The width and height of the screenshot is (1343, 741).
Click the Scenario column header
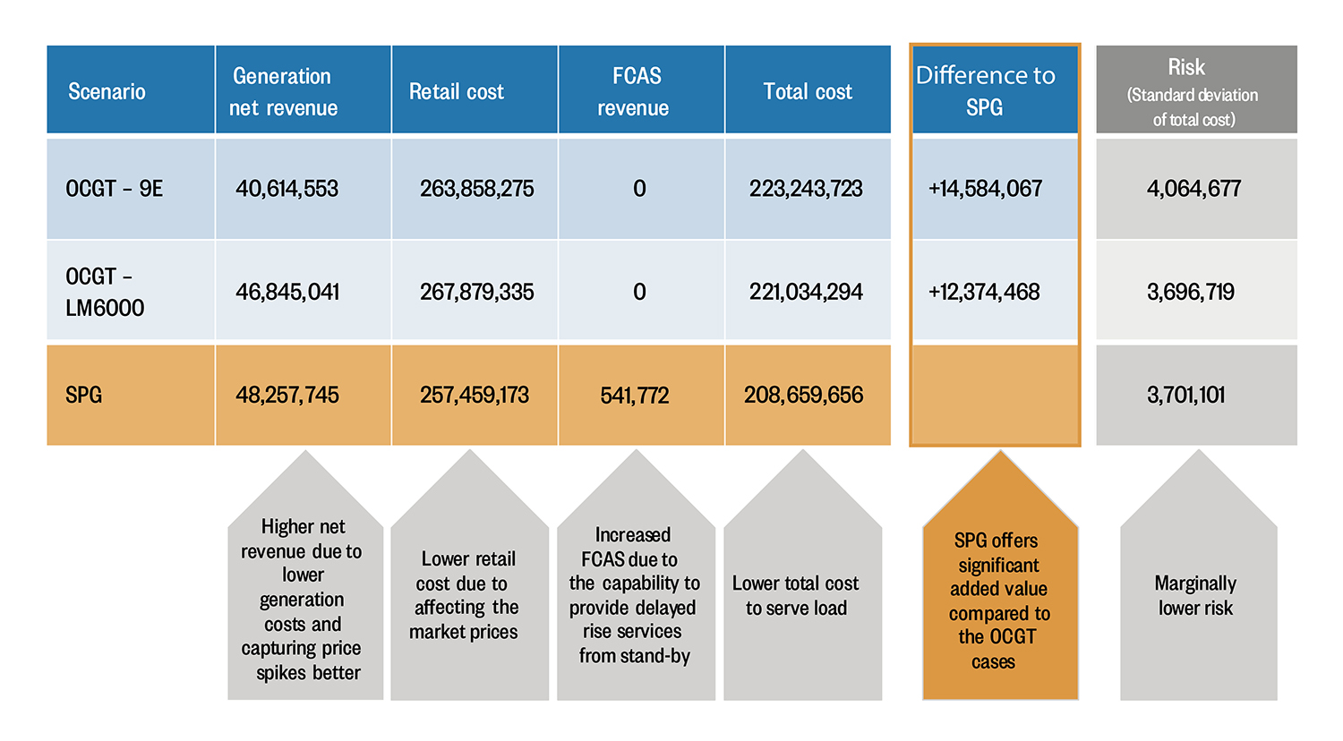(x=107, y=91)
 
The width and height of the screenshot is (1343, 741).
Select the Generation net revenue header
(x=283, y=91)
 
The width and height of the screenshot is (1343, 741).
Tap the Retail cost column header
(x=457, y=91)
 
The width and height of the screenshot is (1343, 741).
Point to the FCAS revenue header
(x=635, y=91)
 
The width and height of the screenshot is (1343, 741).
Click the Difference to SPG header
(x=986, y=90)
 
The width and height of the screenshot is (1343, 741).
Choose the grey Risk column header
(x=1194, y=91)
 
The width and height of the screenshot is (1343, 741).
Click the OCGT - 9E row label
(x=115, y=189)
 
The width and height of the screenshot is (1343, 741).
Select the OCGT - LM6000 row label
(x=104, y=292)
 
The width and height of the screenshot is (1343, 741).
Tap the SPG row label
(x=84, y=395)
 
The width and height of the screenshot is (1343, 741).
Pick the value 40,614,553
(x=287, y=189)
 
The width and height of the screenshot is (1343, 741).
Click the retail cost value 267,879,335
(x=476, y=292)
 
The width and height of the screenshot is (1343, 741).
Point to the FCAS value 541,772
(x=635, y=395)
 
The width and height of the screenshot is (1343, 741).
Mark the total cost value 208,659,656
(x=804, y=395)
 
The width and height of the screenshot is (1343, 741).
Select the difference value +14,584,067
(x=986, y=189)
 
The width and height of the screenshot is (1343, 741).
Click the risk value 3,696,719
(x=1191, y=292)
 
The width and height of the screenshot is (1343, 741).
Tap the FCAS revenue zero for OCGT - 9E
(x=639, y=189)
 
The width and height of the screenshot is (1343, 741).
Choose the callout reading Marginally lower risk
(x=1196, y=596)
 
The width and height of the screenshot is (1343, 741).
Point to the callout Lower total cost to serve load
(x=797, y=596)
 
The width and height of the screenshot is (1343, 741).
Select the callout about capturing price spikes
(x=303, y=600)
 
